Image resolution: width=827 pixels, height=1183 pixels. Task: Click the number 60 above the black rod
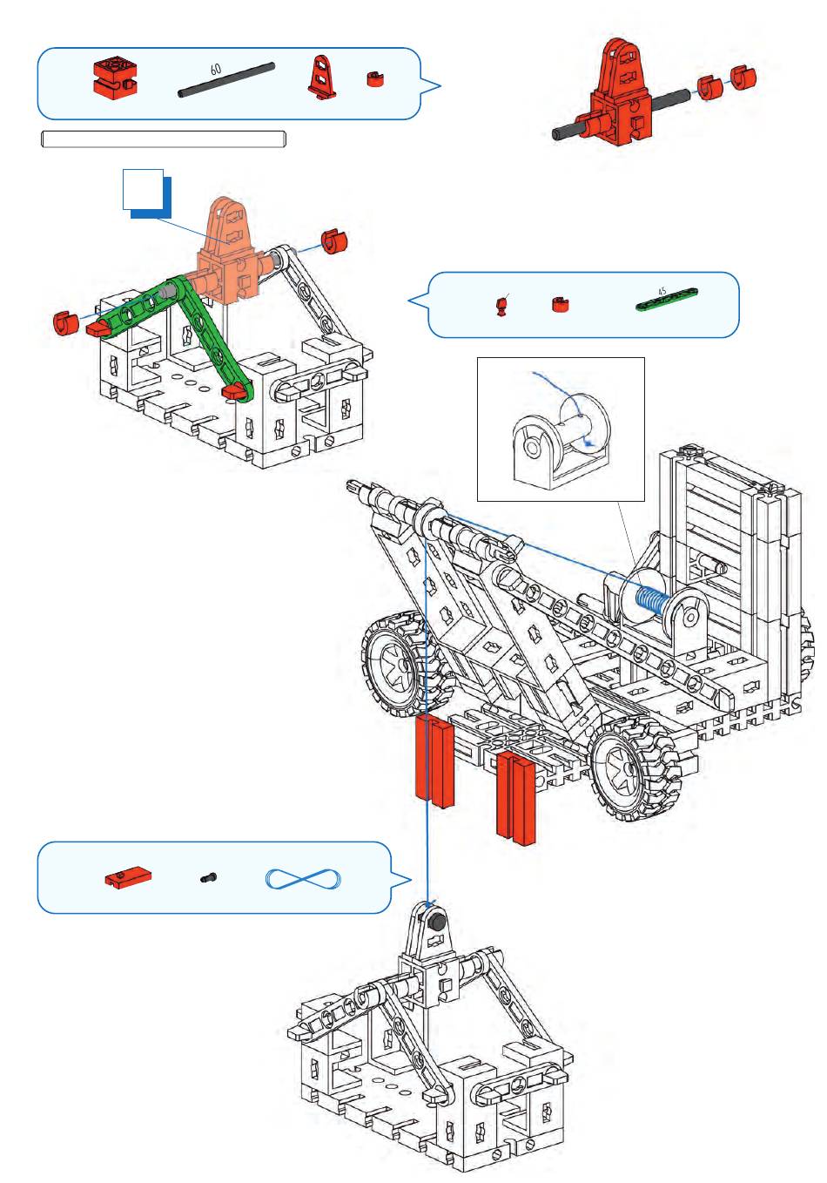coord(216,68)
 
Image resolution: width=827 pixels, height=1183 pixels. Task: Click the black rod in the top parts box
coord(226,79)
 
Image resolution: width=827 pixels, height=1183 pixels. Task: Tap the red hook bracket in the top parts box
coord(322,77)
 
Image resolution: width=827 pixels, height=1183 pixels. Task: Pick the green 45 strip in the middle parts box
coord(668,298)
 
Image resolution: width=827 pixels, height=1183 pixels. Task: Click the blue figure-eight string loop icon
coord(303,879)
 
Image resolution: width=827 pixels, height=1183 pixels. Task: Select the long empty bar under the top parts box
coord(164,139)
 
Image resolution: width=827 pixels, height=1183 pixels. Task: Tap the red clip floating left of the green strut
coord(64,322)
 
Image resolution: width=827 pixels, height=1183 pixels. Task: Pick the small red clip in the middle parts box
coord(560,305)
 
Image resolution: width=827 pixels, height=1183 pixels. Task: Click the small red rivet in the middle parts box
coord(501,306)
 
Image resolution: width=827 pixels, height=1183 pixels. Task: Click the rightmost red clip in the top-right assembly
coord(743,78)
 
